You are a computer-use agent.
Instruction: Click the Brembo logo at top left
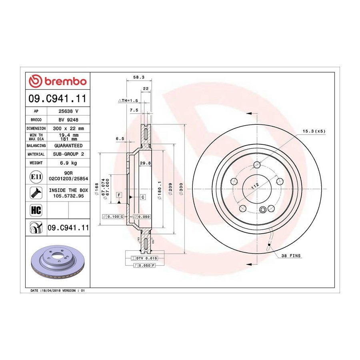[57, 81]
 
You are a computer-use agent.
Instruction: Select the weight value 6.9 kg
[68, 163]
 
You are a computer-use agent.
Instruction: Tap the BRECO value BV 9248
[68, 120]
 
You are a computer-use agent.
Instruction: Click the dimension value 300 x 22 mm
[68, 128]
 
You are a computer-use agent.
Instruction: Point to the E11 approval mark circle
[36, 176]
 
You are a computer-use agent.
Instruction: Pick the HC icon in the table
[36, 210]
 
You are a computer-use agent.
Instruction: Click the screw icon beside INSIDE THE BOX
[36, 193]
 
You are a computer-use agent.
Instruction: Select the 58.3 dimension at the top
[139, 77]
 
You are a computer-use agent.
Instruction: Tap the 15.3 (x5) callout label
[314, 131]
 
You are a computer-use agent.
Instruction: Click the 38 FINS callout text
[291, 256]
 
